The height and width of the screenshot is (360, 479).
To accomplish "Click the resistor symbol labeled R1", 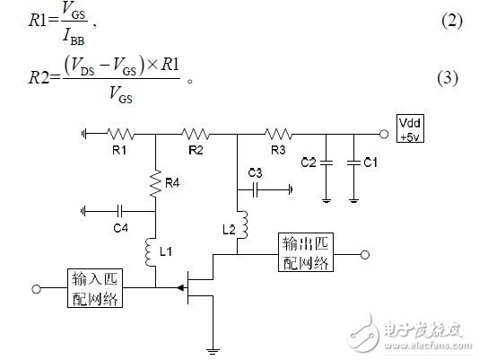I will click(x=120, y=134).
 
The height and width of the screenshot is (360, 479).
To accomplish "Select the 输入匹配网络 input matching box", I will click(x=93, y=287).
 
